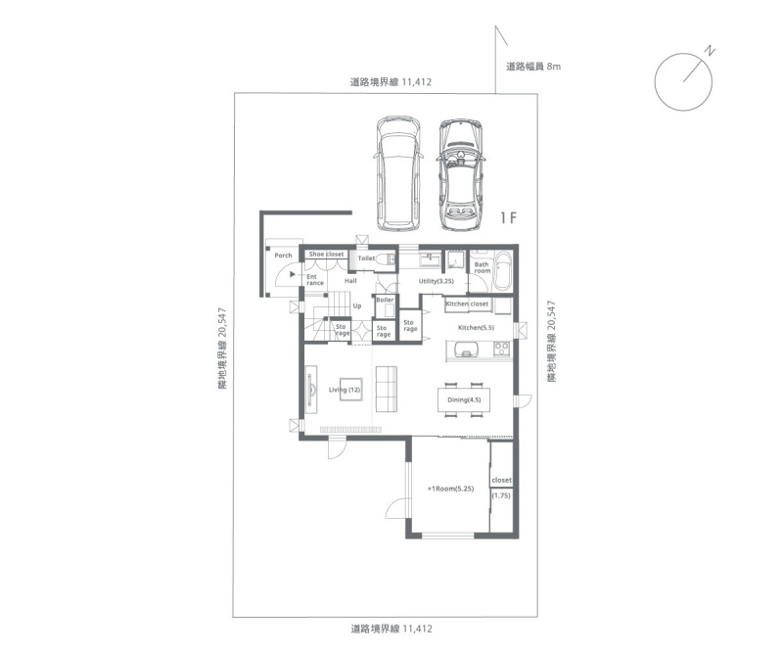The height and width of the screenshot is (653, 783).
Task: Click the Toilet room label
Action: [x=366, y=258]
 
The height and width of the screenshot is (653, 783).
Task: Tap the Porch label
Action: [x=283, y=256]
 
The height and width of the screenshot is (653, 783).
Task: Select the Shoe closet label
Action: [x=326, y=254]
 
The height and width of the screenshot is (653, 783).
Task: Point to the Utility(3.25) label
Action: [x=436, y=281]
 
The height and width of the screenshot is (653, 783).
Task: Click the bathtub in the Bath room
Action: [x=503, y=271]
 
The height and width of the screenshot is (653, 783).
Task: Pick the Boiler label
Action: [x=385, y=300]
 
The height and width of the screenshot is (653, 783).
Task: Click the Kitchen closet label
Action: [x=467, y=303]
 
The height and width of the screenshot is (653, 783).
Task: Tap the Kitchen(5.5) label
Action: [x=476, y=328]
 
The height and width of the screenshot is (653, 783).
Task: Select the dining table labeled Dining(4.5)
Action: [x=464, y=399]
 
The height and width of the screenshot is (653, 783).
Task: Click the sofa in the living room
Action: [x=387, y=390]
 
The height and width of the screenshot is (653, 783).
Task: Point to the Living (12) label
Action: [x=345, y=390]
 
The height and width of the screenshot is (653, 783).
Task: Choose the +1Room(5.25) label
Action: [x=450, y=489]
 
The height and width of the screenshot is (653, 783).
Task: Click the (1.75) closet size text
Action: [x=501, y=496]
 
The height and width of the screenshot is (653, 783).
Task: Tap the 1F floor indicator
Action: [x=508, y=218]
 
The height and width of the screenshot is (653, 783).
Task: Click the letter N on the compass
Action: [x=711, y=51]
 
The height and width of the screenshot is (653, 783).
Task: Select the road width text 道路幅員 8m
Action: [x=533, y=66]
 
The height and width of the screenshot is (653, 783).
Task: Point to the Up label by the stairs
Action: [x=357, y=306]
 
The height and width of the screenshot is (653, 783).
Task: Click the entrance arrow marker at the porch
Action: [x=293, y=274]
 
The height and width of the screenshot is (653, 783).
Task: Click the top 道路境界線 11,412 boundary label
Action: [x=391, y=82]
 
